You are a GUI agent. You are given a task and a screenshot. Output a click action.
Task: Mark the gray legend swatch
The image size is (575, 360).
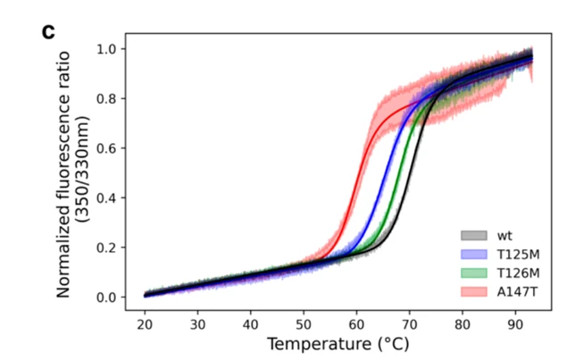473,235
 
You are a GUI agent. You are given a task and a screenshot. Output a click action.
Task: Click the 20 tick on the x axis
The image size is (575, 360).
145,323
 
